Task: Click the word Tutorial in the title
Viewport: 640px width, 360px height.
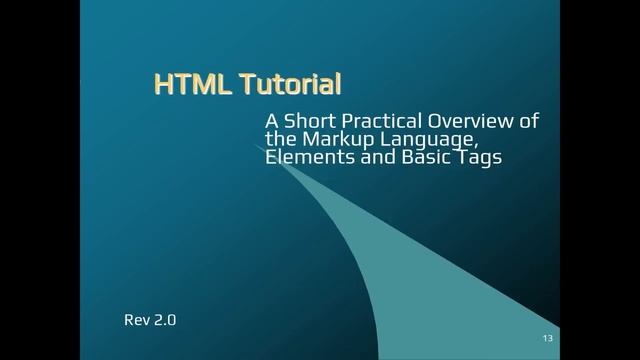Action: point(290,85)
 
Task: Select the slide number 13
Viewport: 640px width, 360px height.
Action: point(547,337)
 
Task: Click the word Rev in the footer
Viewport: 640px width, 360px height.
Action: point(136,321)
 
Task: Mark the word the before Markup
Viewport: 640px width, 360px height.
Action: point(279,139)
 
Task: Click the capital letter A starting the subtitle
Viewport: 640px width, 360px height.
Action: point(271,121)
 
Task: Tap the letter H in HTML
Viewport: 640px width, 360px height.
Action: point(164,85)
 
